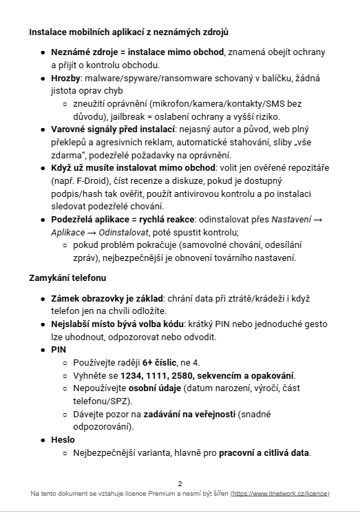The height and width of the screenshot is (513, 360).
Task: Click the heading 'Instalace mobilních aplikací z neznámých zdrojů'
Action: (x=129, y=32)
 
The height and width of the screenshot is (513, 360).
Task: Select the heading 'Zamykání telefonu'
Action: (x=67, y=278)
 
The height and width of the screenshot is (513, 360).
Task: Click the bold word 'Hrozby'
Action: (x=67, y=78)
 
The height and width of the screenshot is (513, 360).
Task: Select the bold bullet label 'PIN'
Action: (x=59, y=349)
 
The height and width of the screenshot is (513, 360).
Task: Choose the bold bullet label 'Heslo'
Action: (x=63, y=439)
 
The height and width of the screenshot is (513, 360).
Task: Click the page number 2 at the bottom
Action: (x=180, y=483)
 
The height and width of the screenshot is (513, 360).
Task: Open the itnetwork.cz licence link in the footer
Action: (x=280, y=494)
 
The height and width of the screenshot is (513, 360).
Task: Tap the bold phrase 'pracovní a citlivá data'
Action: (x=264, y=452)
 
